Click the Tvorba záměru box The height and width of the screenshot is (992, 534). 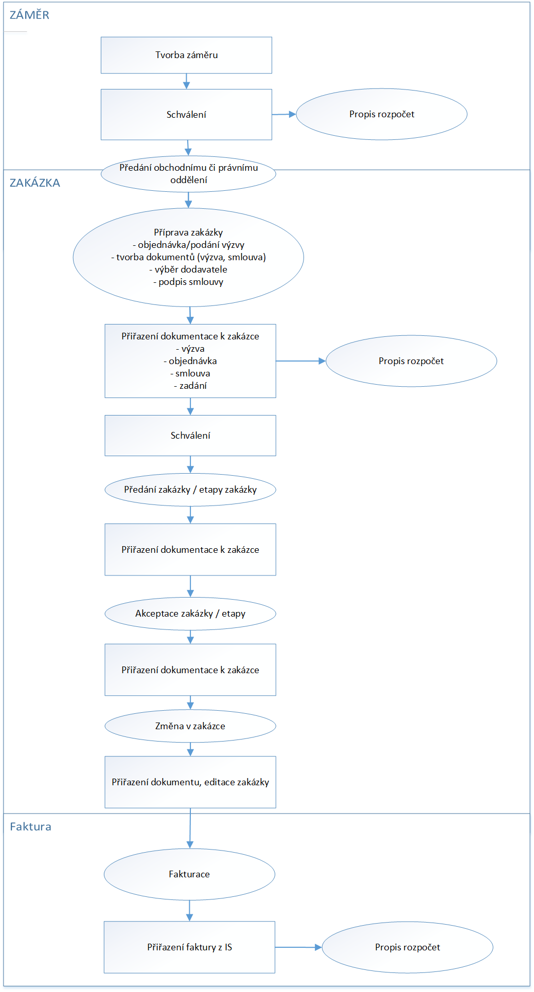186,55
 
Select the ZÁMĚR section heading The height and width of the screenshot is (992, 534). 30,15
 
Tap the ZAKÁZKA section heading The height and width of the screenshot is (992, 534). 35,183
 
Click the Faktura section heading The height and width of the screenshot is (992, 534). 31,826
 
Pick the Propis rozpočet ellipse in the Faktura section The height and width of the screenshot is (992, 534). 407,947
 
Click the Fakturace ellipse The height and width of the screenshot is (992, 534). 189,874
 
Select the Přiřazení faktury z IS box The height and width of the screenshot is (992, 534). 189,947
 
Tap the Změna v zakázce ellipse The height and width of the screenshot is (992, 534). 190,726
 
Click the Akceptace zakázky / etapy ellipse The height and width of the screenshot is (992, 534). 190,614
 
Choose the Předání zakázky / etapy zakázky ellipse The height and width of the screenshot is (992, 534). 190,490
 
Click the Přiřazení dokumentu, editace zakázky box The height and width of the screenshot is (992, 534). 190,782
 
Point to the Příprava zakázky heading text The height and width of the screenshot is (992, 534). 188,232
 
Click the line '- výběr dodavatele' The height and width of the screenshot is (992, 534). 188,269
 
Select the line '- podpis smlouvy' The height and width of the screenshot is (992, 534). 188,282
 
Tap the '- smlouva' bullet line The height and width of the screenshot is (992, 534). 190,373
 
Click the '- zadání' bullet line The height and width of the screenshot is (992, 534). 190,386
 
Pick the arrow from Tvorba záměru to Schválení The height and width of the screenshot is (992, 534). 186,81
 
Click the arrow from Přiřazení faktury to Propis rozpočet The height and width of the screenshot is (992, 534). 298,947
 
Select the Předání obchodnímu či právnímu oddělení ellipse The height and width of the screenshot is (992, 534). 188,174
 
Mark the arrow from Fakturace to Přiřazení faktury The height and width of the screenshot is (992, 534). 189,911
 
